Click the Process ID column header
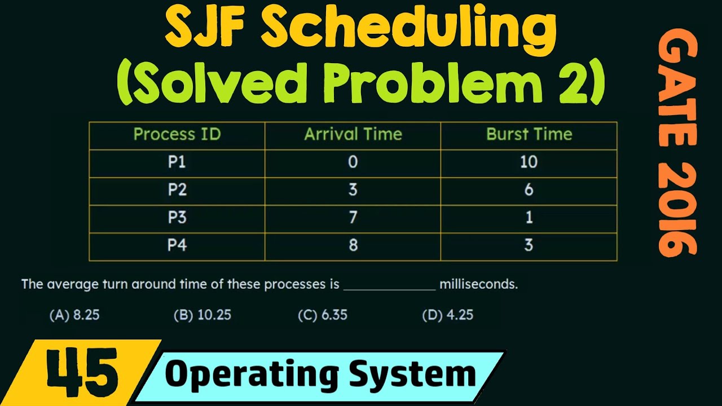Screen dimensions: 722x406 click(177, 134)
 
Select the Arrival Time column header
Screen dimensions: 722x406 click(353, 134)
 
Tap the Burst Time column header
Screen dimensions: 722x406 click(529, 134)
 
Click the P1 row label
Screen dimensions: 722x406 click(177, 162)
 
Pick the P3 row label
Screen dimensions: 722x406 click(177, 217)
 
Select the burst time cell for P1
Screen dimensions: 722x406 click(529, 162)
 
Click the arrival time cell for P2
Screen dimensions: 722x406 click(353, 189)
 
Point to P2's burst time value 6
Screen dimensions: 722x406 click(529, 189)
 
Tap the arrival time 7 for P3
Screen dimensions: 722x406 click(353, 217)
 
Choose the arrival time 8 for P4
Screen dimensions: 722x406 click(353, 245)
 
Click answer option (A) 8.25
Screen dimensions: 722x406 click(74, 315)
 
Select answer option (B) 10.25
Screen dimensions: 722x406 click(202, 315)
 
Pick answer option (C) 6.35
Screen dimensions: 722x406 click(323, 315)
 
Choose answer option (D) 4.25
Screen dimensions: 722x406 click(448, 315)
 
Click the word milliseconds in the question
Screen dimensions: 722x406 click(479, 284)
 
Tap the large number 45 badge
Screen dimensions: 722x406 click(82, 373)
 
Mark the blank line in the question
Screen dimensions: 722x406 click(389, 290)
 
